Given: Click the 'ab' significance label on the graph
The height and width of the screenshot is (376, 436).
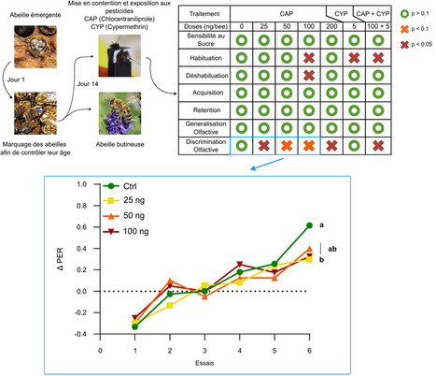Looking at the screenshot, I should pos(331,249).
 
